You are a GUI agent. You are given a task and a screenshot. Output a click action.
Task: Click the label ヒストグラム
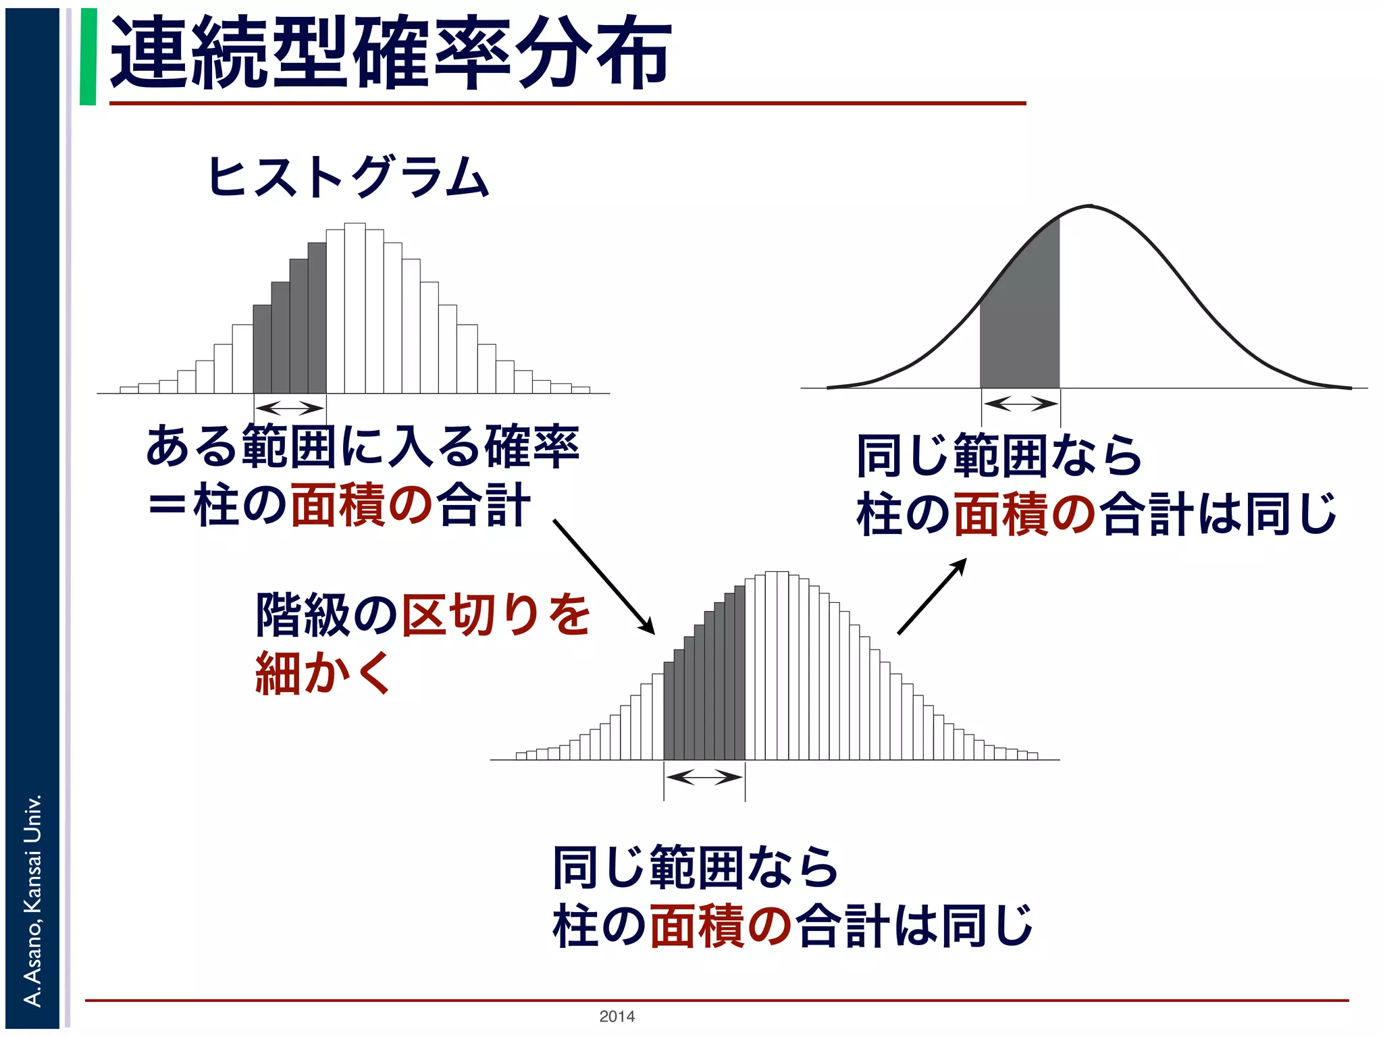[x=348, y=177]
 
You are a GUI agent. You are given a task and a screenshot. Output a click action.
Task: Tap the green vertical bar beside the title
[x=88, y=57]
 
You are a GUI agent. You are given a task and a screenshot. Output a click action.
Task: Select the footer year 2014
[x=617, y=1016]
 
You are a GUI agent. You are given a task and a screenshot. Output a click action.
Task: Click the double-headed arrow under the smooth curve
[x=1020, y=404]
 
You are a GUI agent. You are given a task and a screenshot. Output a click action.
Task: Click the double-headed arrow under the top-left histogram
[x=290, y=408]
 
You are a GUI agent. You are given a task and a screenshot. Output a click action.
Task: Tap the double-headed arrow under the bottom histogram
[x=704, y=777]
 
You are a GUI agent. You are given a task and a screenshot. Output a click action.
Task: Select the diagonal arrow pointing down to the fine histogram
[x=604, y=577]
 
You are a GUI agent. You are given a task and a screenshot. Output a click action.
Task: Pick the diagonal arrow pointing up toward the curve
[x=932, y=596]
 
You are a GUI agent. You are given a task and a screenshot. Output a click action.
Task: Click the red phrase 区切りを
[x=496, y=614]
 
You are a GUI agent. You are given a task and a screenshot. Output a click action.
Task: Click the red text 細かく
[x=323, y=673]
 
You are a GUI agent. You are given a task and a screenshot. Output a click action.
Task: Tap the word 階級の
[x=327, y=614]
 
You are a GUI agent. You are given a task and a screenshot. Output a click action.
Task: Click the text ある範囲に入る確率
[x=363, y=446]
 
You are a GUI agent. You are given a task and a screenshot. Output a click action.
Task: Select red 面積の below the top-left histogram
[x=361, y=505]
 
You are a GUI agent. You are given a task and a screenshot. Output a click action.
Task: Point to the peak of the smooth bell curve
[x=1089, y=206]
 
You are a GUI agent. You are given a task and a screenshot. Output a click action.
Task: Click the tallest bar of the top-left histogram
[x=355, y=308]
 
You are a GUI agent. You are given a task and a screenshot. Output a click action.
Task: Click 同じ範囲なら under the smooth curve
[x=999, y=456]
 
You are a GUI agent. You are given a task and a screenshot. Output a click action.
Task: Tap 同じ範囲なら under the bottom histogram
[x=696, y=867]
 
